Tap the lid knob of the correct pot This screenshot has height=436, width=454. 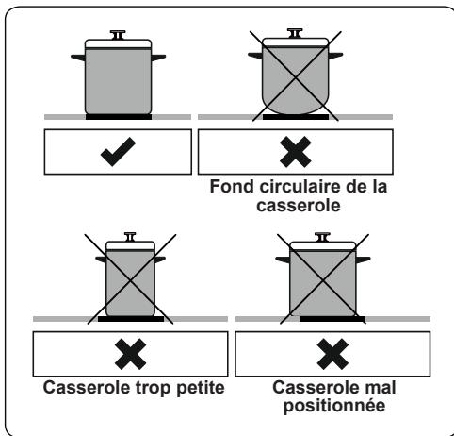pos(119,35)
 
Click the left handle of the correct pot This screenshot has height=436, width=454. pos(78,59)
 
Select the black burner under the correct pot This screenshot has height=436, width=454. pos(119,117)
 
